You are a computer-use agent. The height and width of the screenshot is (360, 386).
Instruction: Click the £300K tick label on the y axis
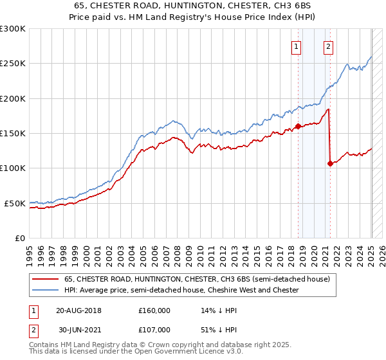pos(13,29)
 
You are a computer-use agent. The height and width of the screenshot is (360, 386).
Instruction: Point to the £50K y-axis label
pos(15,203)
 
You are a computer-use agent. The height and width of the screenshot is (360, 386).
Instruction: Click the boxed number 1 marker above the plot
pos(297,46)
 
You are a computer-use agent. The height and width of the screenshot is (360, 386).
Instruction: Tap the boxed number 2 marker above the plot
pos(328,46)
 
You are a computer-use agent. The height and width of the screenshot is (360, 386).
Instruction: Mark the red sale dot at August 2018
pos(298,126)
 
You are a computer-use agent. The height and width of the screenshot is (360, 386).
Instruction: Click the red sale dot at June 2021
pos(330,163)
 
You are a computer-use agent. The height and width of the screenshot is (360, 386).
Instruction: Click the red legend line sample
pos(44,279)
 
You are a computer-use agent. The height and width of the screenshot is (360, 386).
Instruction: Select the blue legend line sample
pos(44,290)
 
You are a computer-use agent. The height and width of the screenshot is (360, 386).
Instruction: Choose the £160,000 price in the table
pos(154,311)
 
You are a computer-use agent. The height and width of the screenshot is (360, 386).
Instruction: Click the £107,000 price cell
pos(154,329)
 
